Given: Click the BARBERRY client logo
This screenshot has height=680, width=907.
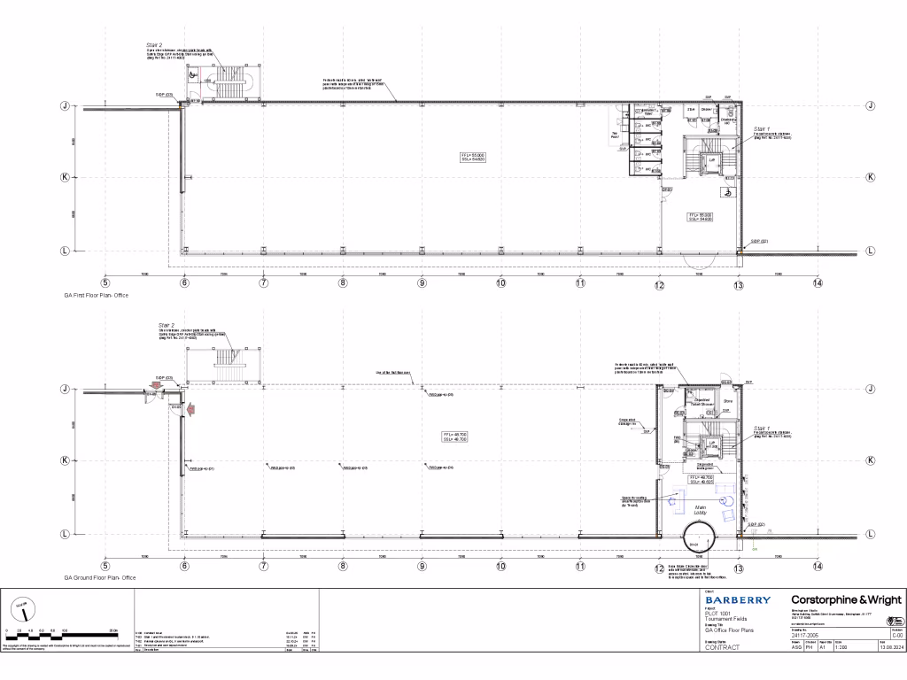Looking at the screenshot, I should [737, 600].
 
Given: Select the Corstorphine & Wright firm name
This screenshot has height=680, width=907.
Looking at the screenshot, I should [841, 599].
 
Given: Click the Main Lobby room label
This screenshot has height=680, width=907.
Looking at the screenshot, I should [700, 509].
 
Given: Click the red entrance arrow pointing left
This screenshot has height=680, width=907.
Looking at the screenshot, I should [190, 408].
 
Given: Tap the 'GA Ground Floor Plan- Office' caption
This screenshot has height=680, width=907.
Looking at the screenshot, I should [99, 577].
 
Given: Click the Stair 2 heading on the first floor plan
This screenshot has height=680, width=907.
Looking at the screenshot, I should [154, 44].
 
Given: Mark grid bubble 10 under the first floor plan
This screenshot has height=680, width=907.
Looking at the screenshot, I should [500, 283].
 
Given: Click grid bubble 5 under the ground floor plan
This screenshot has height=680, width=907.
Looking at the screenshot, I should [105, 567].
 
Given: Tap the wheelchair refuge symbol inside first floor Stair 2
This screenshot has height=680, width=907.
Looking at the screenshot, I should [207, 76].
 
